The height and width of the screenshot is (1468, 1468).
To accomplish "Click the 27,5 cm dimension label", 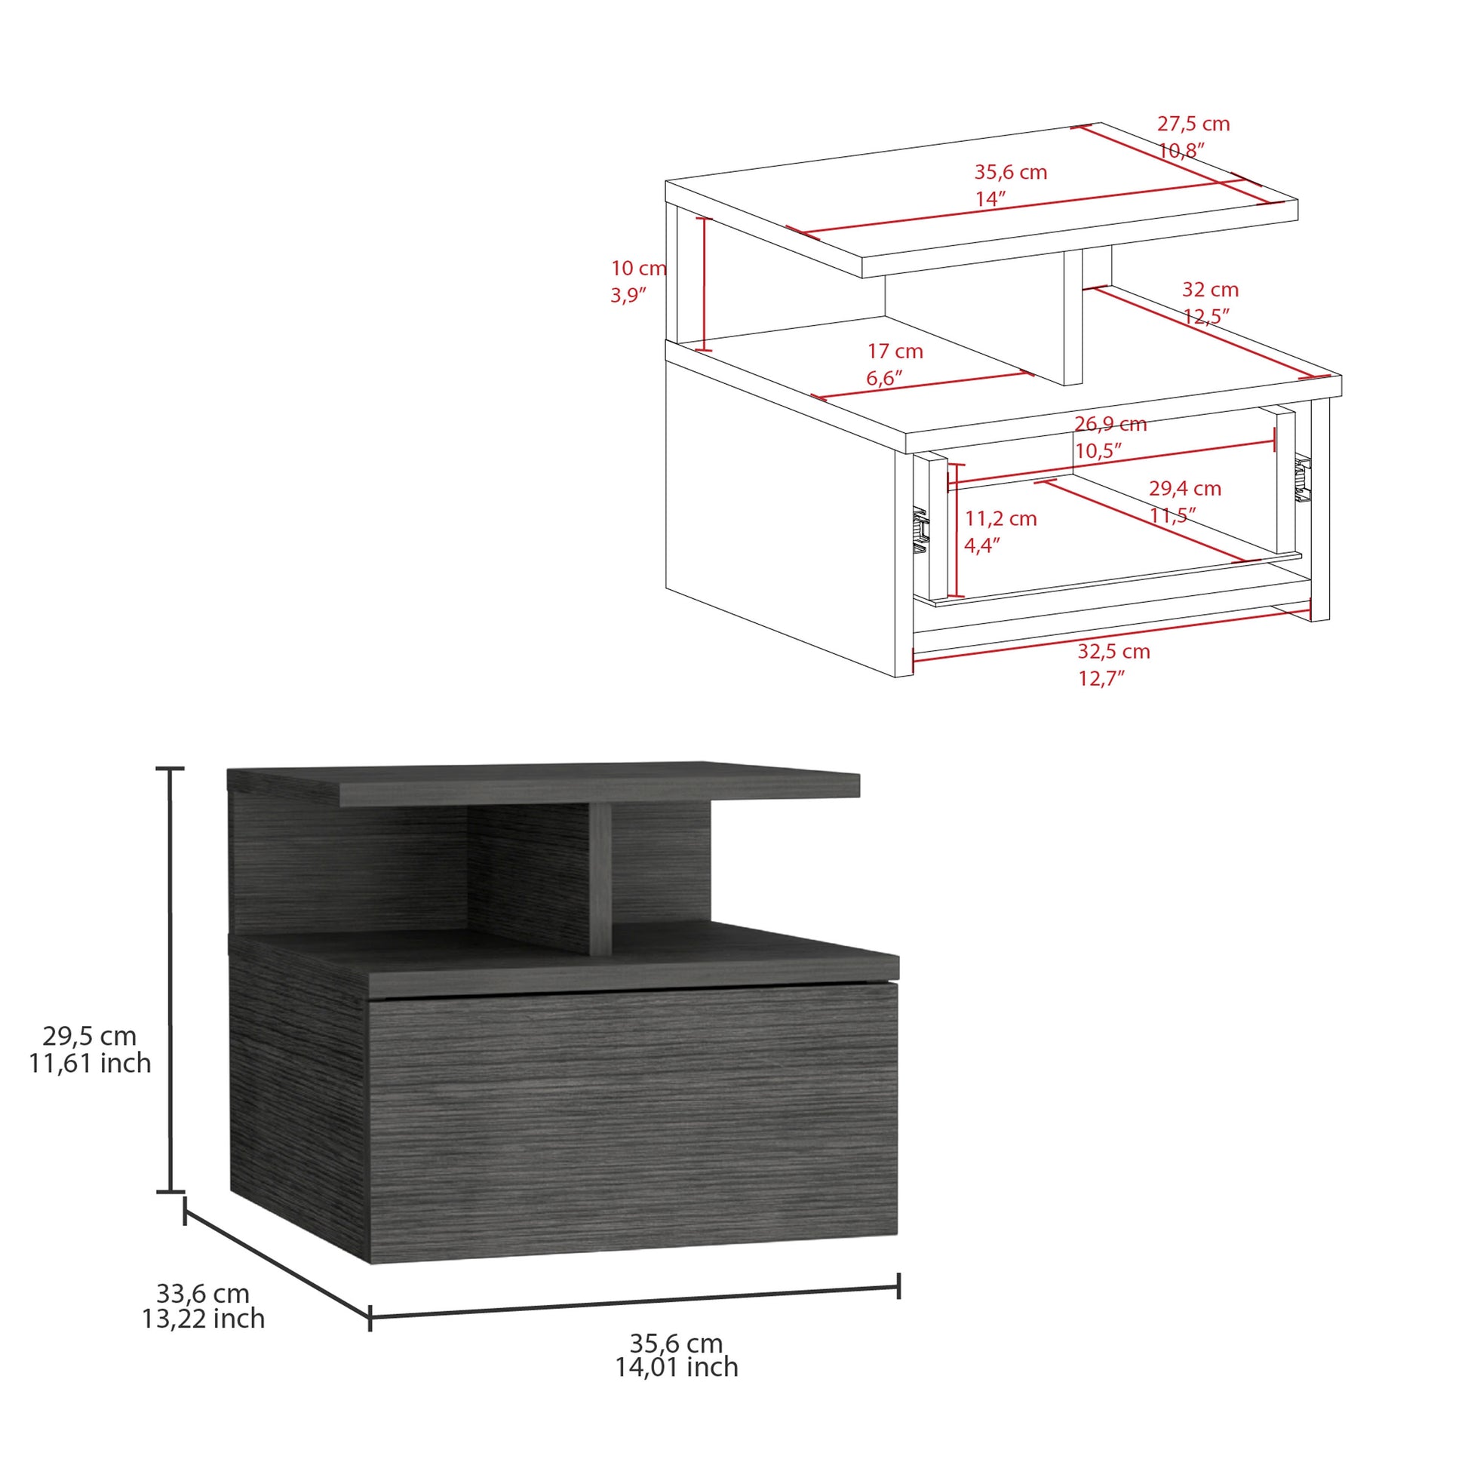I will [1193, 124].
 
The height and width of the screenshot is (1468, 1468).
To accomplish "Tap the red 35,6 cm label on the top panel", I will [1011, 173].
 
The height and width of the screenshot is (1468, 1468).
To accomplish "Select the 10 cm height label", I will [638, 269].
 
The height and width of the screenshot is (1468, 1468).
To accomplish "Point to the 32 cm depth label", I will [1210, 290].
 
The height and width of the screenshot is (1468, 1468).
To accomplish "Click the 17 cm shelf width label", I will [895, 351].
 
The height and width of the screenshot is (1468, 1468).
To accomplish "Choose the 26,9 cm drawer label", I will [1110, 424].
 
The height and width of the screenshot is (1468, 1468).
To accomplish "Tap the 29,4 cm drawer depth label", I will [1184, 489].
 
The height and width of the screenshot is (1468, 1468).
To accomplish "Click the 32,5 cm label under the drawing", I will [1113, 651].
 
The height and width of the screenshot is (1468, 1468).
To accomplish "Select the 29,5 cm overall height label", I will [90, 1036].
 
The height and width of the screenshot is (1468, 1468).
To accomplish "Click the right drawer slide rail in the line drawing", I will [1303, 479].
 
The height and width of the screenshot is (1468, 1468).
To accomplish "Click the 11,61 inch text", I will [90, 1062].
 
